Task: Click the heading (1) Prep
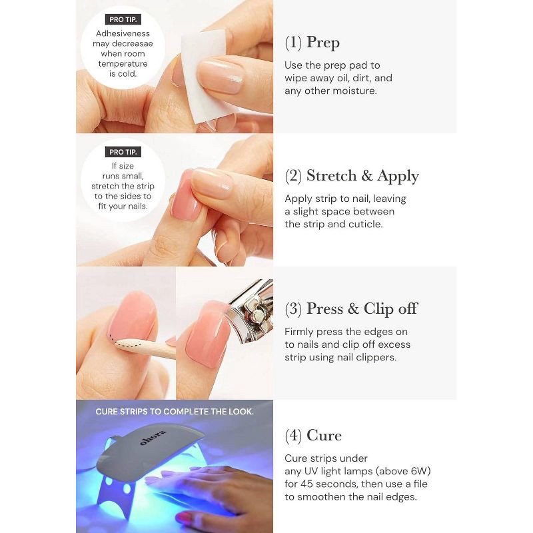(x=312, y=43)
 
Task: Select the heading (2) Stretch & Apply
(x=352, y=176)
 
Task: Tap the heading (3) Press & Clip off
(x=350, y=308)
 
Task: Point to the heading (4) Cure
(x=313, y=436)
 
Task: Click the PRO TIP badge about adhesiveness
(x=123, y=19)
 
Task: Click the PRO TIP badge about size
(x=123, y=152)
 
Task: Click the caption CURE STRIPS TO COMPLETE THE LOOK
(x=175, y=412)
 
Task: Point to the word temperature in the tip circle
(x=123, y=64)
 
